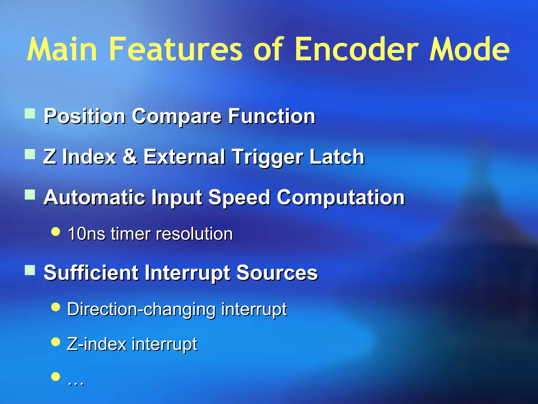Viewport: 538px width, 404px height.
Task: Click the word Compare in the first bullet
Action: click(x=177, y=117)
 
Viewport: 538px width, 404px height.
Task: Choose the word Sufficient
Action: click(x=91, y=273)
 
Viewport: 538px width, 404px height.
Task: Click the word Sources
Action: click(x=277, y=273)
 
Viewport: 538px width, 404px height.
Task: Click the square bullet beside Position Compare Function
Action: click(x=30, y=114)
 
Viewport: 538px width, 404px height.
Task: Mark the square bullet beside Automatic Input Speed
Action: click(x=30, y=195)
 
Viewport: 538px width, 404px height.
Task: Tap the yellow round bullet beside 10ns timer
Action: click(x=56, y=232)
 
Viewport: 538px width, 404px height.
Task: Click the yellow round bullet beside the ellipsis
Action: click(x=56, y=376)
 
